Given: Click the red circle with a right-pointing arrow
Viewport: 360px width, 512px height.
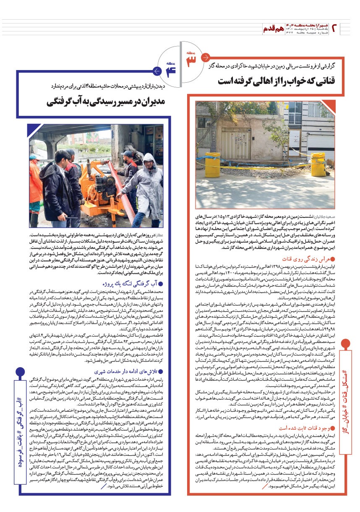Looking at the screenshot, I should [x=206, y=57].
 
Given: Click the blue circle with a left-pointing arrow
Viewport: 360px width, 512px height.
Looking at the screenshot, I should [x=157, y=71].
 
